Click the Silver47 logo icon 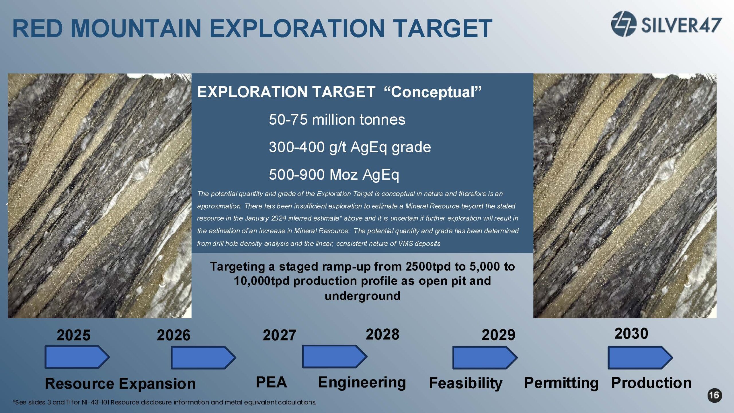(x=624, y=24)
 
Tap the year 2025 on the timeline (x=74, y=335)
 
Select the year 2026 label (x=173, y=335)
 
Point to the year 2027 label (x=280, y=335)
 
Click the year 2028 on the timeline (x=382, y=334)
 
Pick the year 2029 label (x=498, y=335)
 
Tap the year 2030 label (x=631, y=333)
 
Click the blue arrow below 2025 (x=77, y=357)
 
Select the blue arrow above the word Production (x=640, y=357)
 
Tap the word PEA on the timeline (x=271, y=382)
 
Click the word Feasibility (x=466, y=383)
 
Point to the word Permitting (x=561, y=383)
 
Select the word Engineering (x=362, y=383)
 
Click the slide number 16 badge (x=715, y=396)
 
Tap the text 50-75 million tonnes (x=337, y=120)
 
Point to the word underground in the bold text (x=362, y=296)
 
